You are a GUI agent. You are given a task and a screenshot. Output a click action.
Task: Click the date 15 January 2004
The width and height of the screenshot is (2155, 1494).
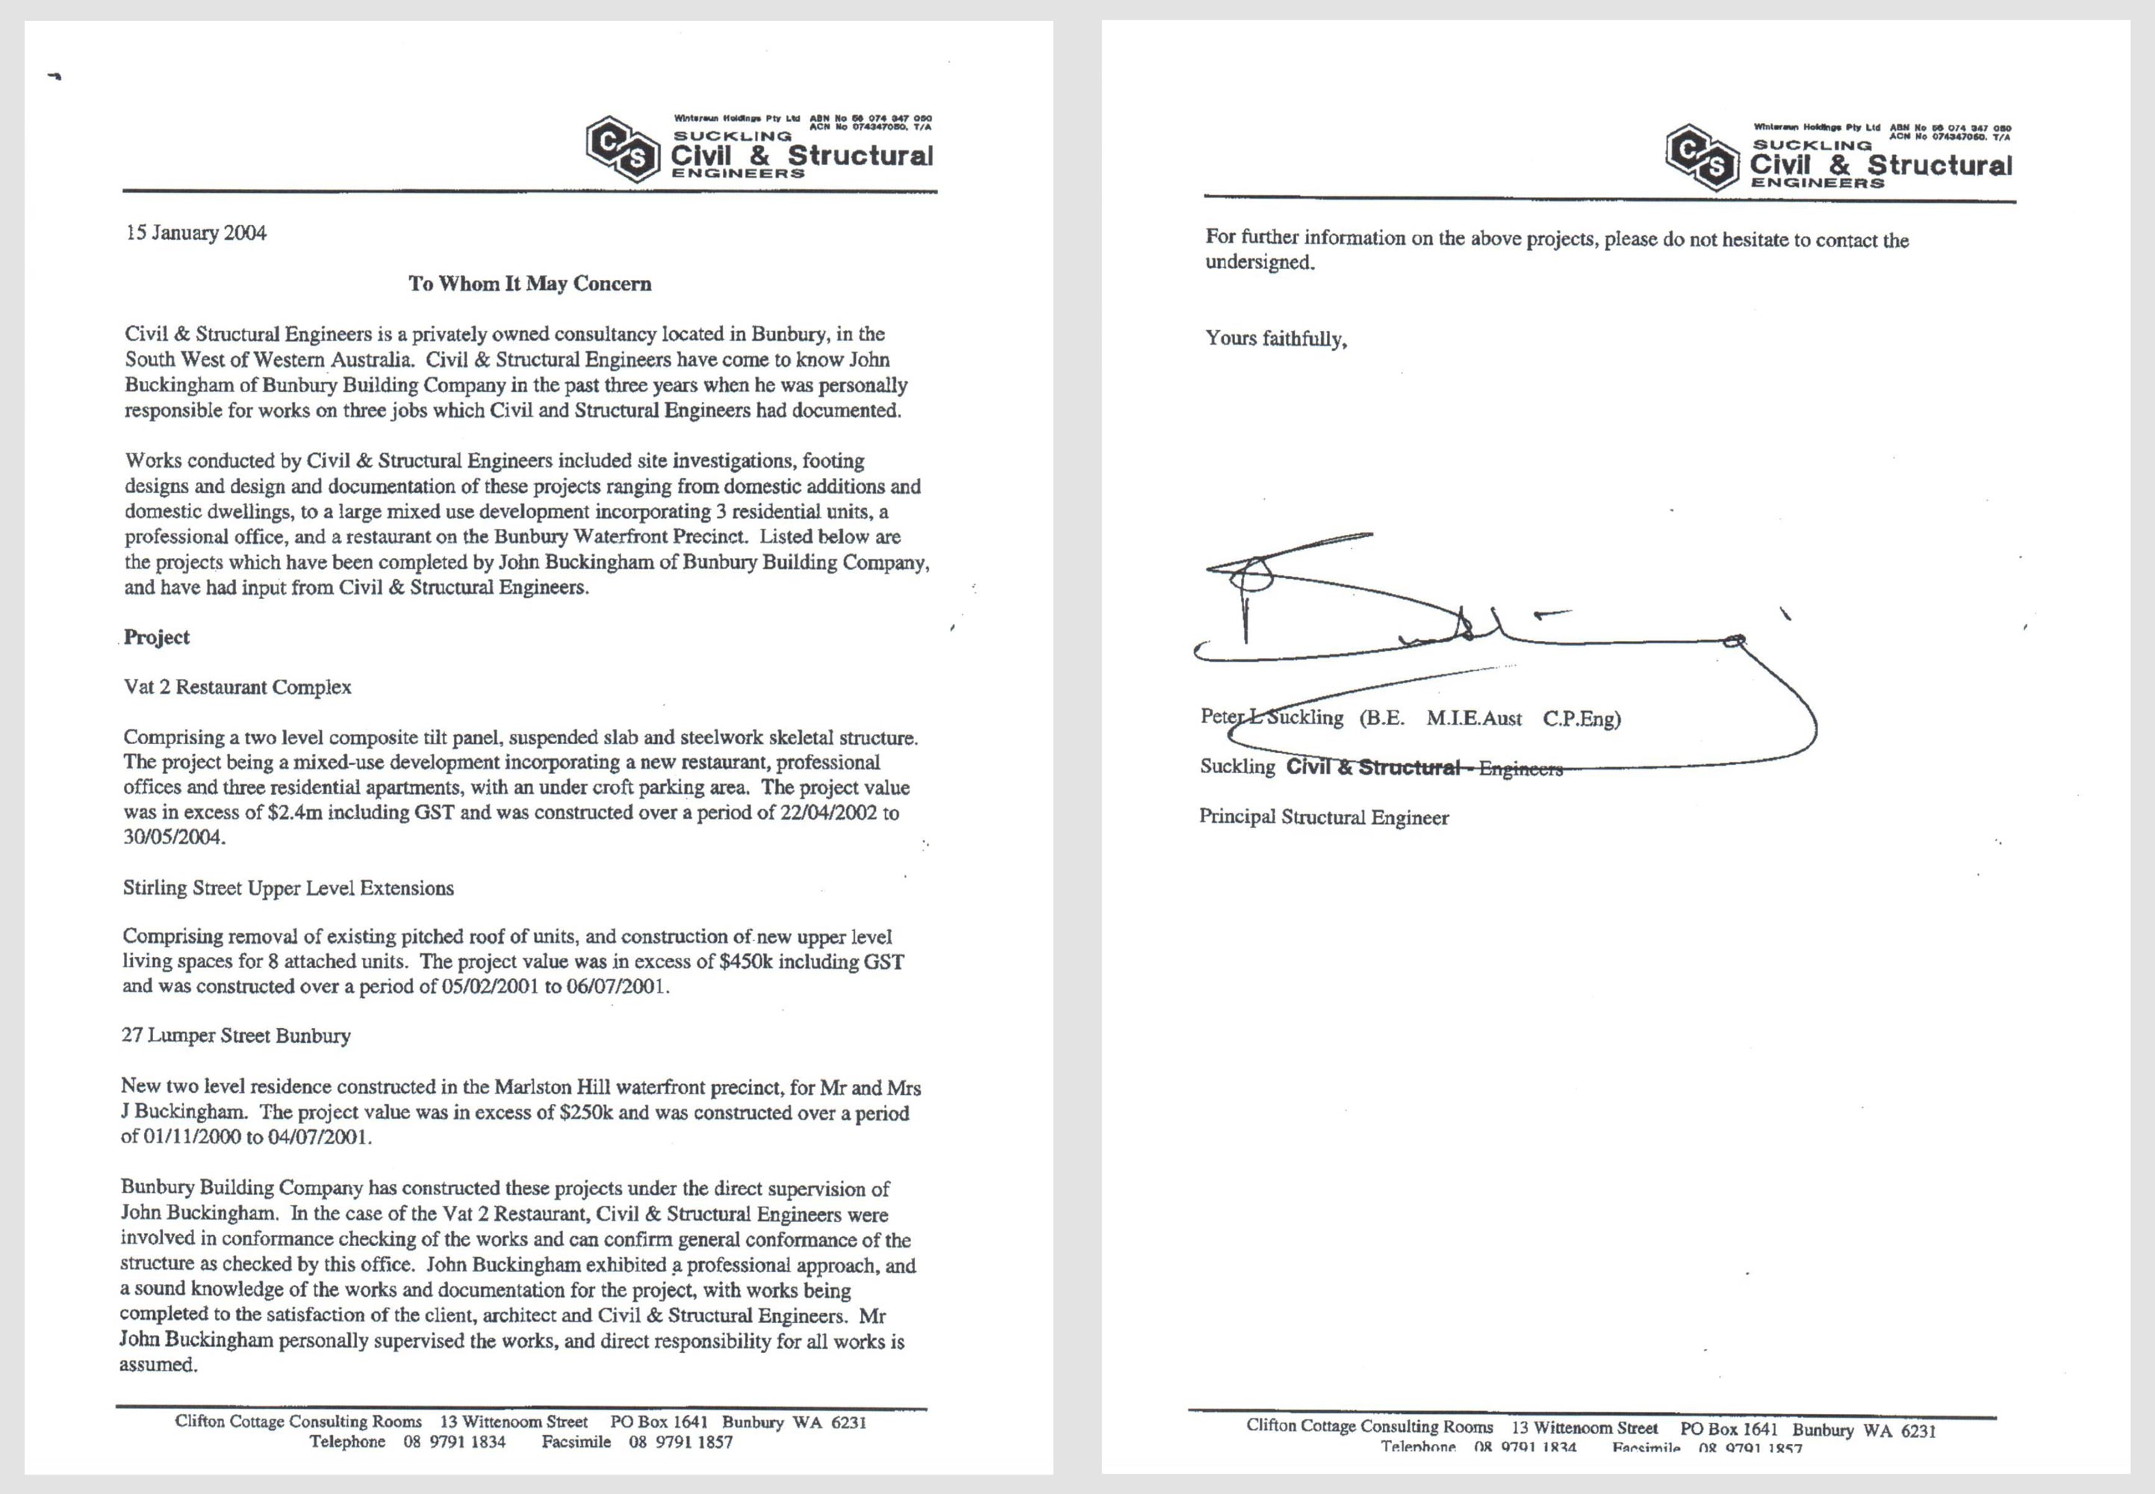[196, 233]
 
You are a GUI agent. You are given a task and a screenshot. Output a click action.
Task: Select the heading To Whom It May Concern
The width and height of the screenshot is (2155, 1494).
[529, 284]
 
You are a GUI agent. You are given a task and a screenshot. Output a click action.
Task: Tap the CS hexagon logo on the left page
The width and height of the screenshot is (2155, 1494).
[622, 149]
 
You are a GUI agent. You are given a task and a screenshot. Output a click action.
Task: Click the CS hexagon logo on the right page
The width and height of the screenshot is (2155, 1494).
[1702, 158]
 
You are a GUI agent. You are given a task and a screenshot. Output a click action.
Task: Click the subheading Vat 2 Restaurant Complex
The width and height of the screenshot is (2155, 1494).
[237, 687]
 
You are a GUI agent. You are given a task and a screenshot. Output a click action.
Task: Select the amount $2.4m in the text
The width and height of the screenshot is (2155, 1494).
[295, 813]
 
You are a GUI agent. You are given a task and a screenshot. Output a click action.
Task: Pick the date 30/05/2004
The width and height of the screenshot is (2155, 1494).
[174, 838]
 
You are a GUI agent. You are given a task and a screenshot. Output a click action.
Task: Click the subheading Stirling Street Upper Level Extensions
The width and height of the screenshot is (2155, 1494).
[288, 888]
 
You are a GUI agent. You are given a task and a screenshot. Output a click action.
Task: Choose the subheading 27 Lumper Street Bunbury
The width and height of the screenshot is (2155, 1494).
[236, 1035]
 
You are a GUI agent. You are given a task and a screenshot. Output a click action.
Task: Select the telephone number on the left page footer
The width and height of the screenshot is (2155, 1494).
[454, 1442]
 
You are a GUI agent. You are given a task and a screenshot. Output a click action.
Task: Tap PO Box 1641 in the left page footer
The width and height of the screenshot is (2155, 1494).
[659, 1422]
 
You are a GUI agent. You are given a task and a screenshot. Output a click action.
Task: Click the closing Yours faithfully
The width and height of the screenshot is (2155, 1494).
[1275, 339]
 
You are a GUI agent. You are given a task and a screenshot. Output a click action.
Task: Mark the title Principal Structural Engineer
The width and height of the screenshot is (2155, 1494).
[1323, 817]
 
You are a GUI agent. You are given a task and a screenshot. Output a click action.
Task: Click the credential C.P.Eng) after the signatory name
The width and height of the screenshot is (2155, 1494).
[1582, 719]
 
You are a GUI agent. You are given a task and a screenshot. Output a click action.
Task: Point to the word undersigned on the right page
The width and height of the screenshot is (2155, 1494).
[1260, 263]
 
